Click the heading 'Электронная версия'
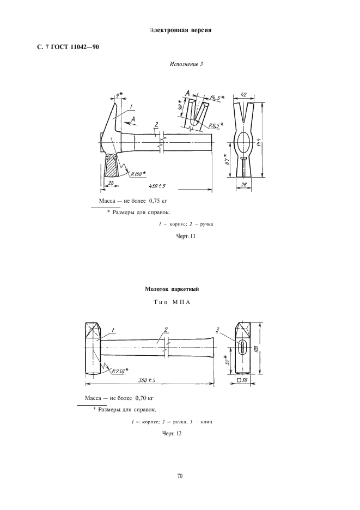pyautogui.click(x=180, y=30)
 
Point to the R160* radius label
pyautogui.click(x=138, y=174)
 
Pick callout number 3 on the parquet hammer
pyautogui.click(x=217, y=329)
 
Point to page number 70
pyautogui.click(x=180, y=476)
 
